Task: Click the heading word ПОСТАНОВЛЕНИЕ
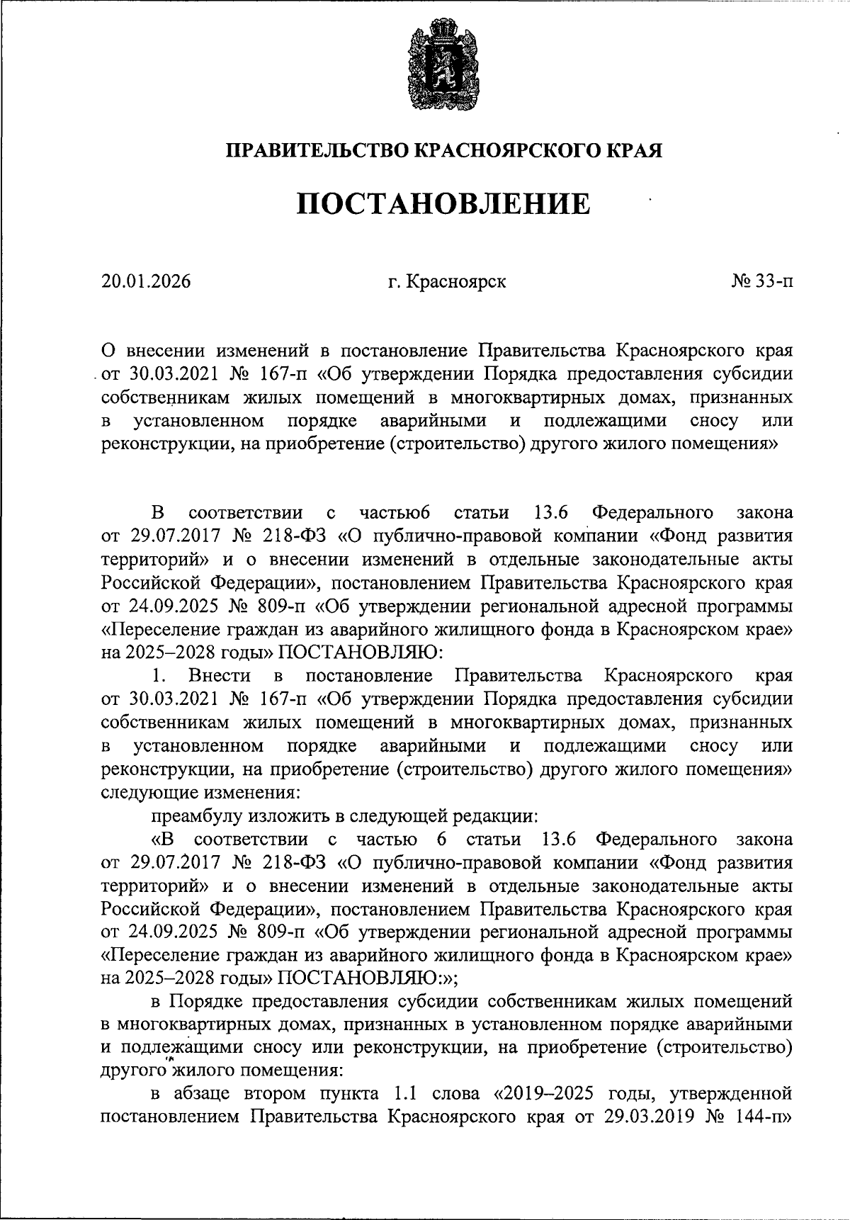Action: pyautogui.click(x=443, y=204)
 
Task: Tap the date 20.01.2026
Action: pyautogui.click(x=146, y=282)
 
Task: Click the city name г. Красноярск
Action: pyautogui.click(x=447, y=282)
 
